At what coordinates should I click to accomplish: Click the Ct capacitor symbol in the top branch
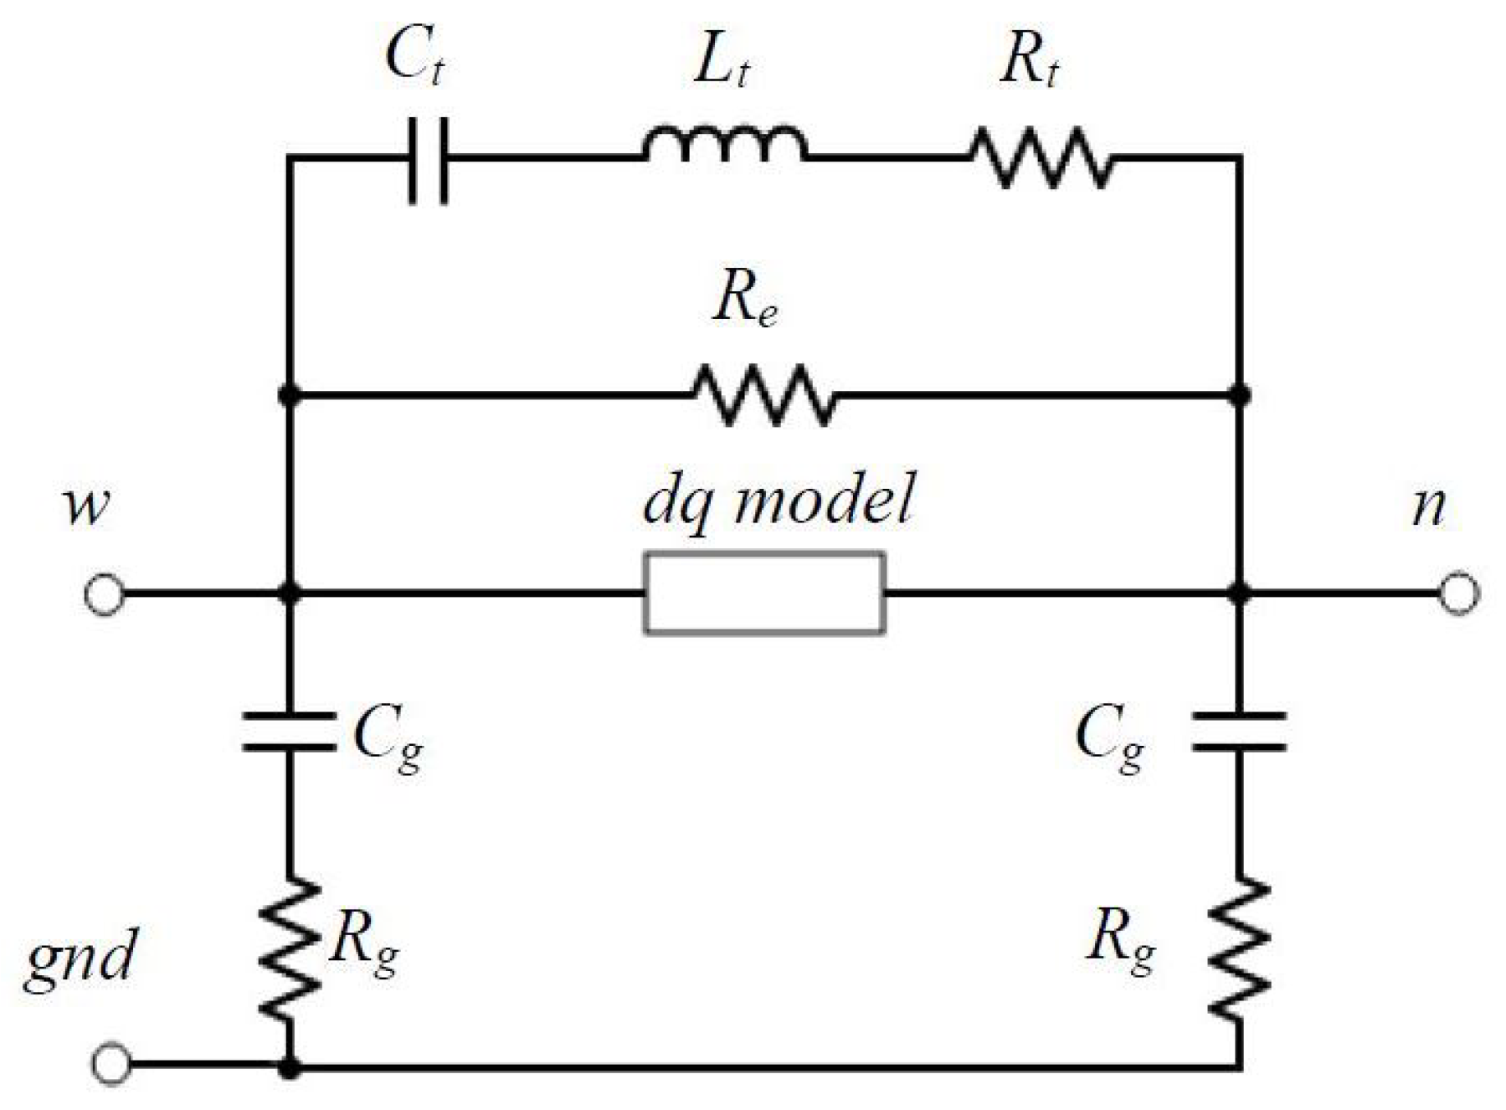(429, 159)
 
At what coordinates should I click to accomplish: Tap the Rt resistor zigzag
(1041, 157)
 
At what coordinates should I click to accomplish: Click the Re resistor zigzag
(763, 394)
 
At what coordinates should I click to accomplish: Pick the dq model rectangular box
(763, 593)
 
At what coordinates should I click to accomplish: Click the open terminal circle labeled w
(105, 594)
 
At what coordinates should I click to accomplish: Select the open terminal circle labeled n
(1458, 593)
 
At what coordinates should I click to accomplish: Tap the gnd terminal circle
(111, 1063)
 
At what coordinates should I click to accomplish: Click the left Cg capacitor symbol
(289, 731)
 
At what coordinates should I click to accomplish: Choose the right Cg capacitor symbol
(1239, 731)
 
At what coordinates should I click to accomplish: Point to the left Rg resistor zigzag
(289, 948)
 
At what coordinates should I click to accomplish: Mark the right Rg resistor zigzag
(1239, 948)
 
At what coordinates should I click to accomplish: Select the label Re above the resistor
(745, 299)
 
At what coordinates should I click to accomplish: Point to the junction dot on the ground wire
(289, 1067)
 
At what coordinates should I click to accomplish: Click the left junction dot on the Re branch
(289, 394)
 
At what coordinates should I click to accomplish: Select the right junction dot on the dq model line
(1239, 593)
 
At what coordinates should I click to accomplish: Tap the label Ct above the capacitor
(414, 57)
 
